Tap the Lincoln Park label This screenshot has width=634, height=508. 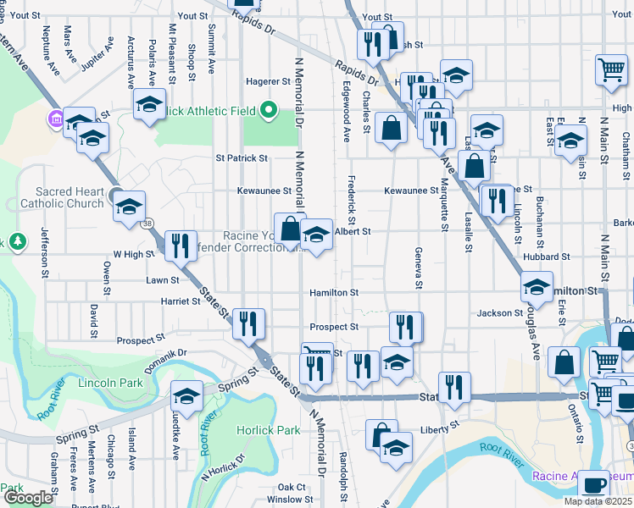(110, 384)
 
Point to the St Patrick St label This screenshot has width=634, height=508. (242, 157)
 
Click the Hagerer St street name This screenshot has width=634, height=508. (268, 81)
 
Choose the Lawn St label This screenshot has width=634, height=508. (163, 280)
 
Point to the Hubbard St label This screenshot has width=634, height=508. (546, 257)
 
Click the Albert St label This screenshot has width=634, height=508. (353, 231)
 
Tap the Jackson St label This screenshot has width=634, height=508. (500, 313)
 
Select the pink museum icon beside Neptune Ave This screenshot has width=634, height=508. (56, 119)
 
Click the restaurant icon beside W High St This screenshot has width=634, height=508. (180, 246)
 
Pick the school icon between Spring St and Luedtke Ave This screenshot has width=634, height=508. (186, 395)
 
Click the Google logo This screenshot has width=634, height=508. (28, 498)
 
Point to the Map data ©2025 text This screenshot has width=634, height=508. (598, 501)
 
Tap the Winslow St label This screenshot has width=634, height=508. (284, 500)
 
